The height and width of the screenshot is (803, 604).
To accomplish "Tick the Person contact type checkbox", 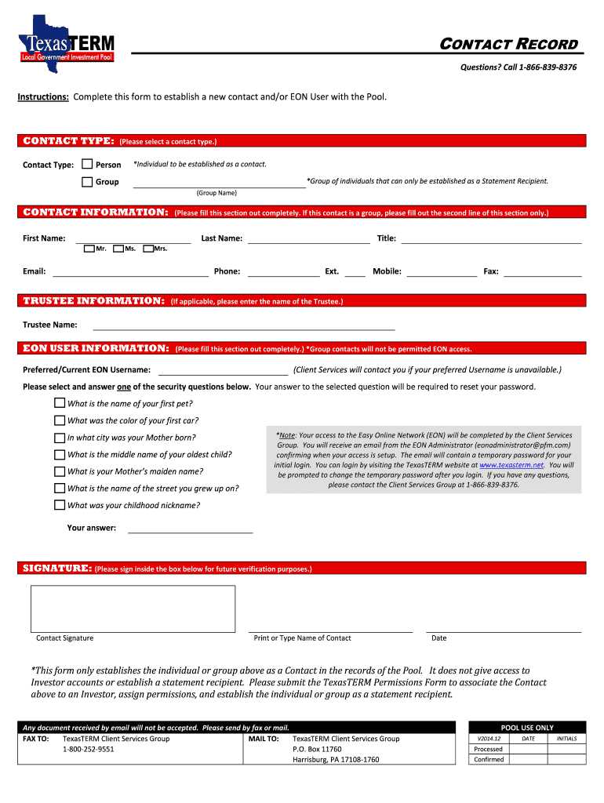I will tap(88, 165).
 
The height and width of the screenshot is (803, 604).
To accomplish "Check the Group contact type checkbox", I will tap(88, 182).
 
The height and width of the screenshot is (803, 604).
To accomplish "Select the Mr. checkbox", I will tap(89, 249).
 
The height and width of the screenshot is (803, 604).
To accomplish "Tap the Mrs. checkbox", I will tap(148, 249).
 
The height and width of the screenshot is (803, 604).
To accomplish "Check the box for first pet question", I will tap(60, 403).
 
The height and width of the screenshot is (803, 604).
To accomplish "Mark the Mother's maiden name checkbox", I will tap(60, 471).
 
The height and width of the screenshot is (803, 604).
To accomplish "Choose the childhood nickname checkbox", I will tap(60, 505).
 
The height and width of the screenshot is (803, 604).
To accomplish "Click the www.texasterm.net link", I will tap(511, 465).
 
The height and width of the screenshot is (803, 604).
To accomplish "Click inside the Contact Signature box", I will tap(133, 609).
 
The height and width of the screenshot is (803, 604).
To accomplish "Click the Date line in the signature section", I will tap(503, 629).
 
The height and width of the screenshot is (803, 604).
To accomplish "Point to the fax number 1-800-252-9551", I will tap(89, 749).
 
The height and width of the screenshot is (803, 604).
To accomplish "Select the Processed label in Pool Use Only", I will tap(489, 749).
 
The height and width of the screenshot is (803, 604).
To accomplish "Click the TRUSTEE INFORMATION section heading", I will tap(93, 301).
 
